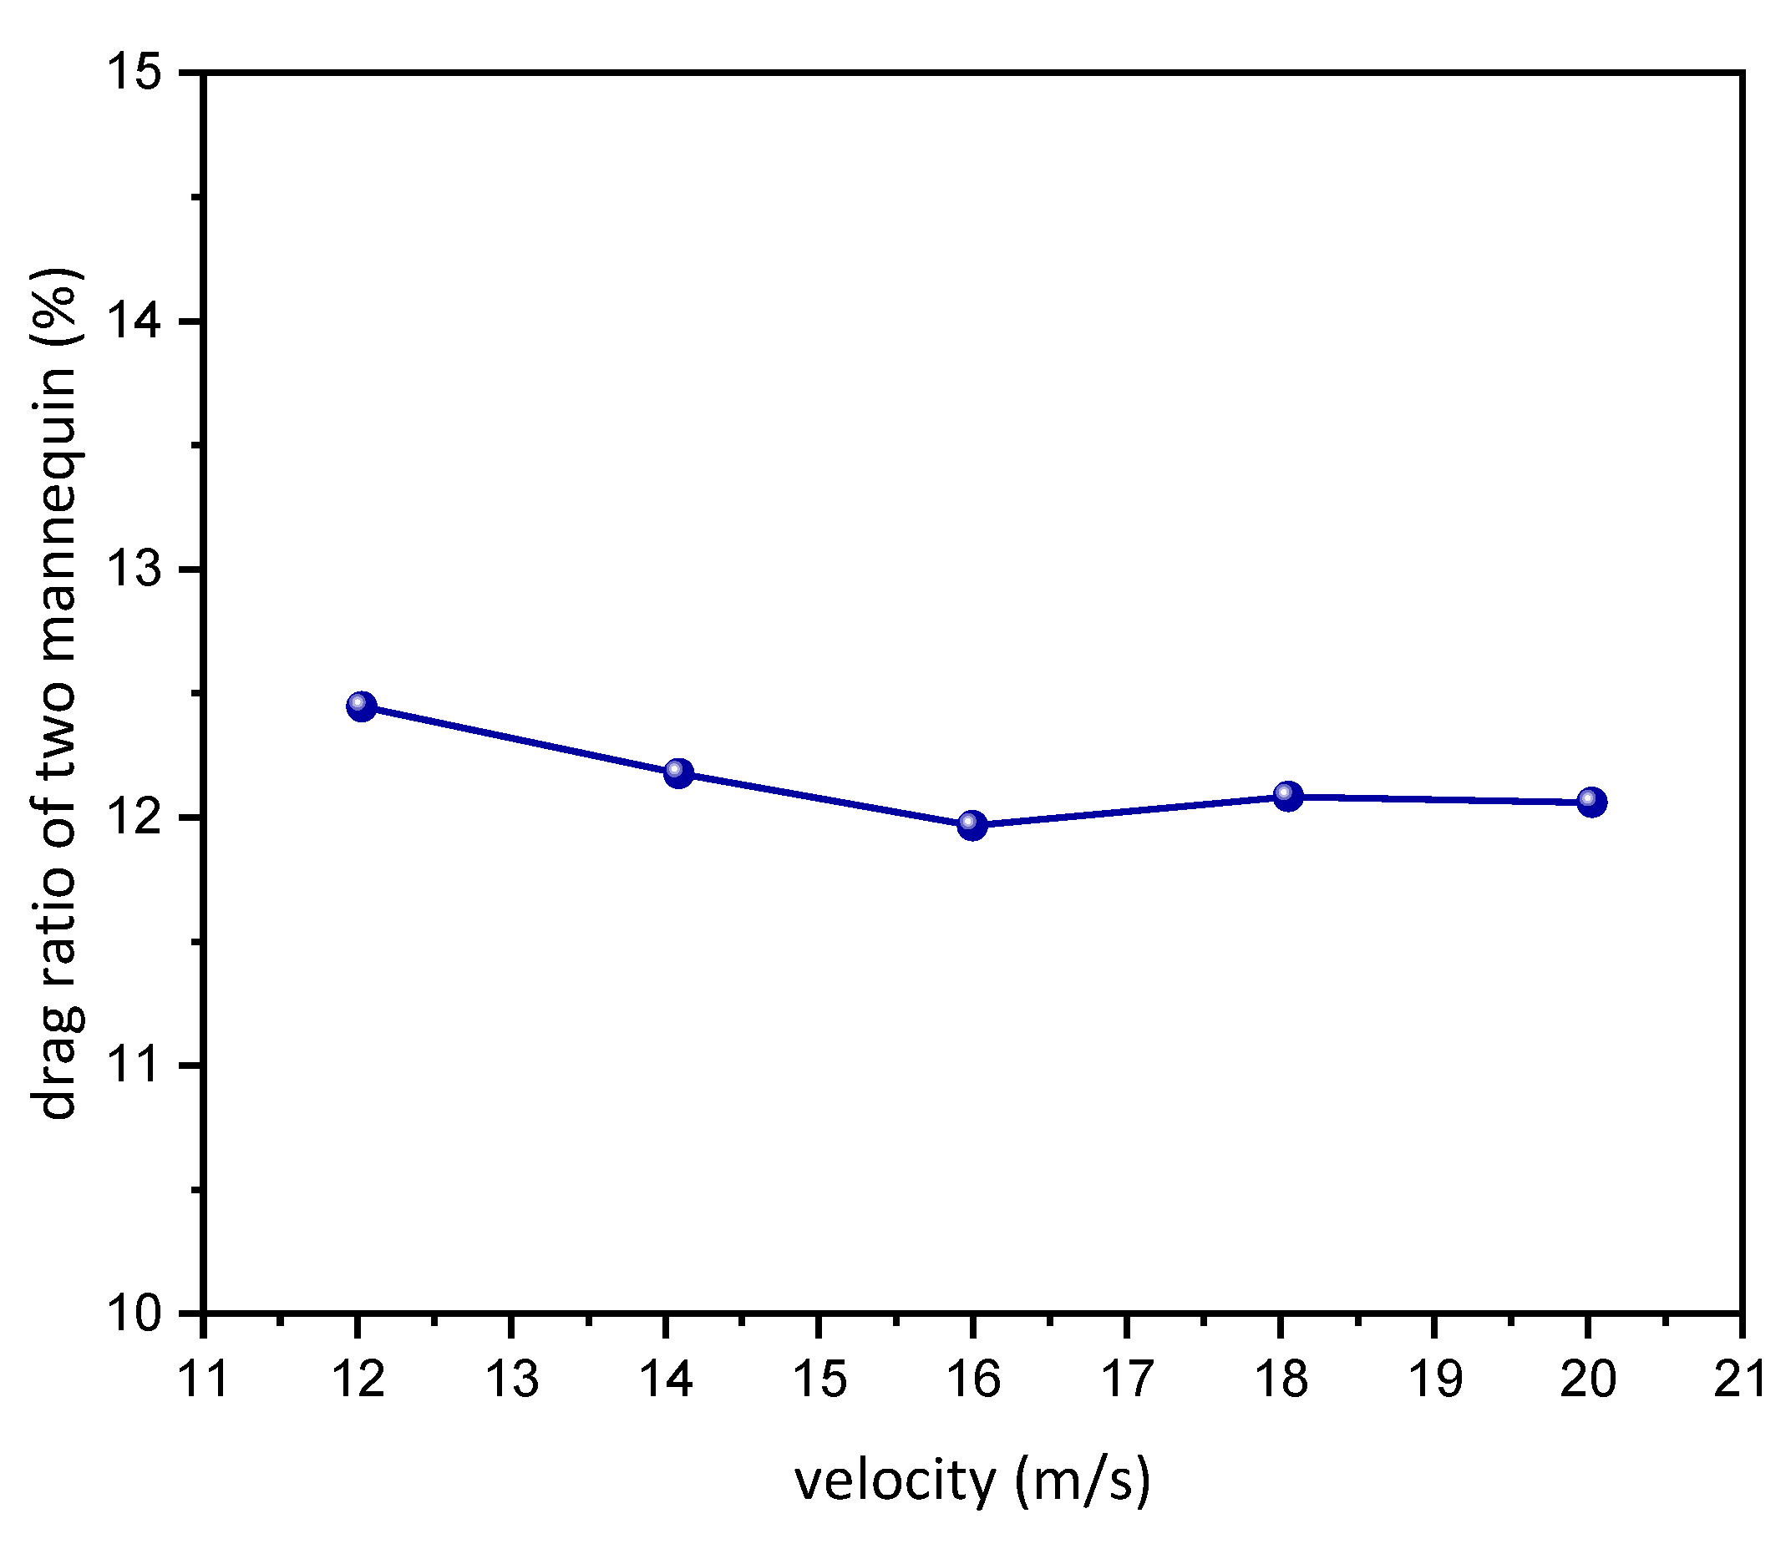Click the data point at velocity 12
click(361, 706)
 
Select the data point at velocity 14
click(678, 772)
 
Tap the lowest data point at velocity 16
click(972, 825)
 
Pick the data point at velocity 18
click(1287, 795)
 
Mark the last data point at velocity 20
click(1591, 802)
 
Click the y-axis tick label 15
click(134, 73)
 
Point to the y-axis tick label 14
click(134, 321)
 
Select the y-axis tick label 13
click(134, 569)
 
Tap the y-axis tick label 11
click(134, 1066)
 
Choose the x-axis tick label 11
click(202, 1379)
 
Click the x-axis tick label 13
click(511, 1379)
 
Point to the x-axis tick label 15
click(819, 1379)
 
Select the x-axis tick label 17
click(1127, 1379)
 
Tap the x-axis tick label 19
click(1436, 1379)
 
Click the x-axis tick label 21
click(1740, 1379)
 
